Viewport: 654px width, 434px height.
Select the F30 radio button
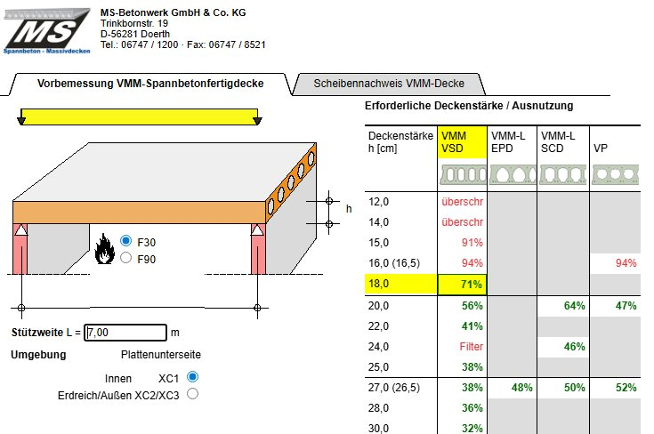pyautogui.click(x=125, y=241)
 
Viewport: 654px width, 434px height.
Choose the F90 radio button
pyautogui.click(x=125, y=258)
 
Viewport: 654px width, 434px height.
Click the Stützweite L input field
pyautogui.click(x=125, y=333)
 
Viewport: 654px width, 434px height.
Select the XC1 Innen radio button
pyautogui.click(x=192, y=377)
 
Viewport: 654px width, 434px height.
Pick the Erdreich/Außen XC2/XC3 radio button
pyautogui.click(x=192, y=394)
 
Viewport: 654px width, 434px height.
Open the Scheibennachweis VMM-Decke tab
pyautogui.click(x=389, y=84)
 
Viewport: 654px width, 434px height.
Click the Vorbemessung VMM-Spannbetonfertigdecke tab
pyautogui.click(x=150, y=84)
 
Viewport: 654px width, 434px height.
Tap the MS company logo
pyautogui.click(x=46, y=31)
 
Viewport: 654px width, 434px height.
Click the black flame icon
pyautogui.click(x=104, y=249)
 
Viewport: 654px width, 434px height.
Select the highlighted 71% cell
pyautogui.click(x=462, y=285)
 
